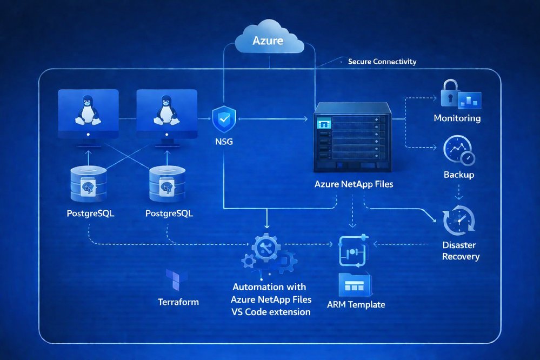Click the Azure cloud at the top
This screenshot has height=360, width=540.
click(x=269, y=39)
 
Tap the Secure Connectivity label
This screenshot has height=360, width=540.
click(x=382, y=62)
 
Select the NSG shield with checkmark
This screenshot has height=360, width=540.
click(x=223, y=120)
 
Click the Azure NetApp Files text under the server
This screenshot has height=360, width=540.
click(x=354, y=184)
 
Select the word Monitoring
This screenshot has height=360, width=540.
click(x=457, y=118)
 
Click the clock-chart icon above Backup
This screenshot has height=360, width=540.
click(x=458, y=150)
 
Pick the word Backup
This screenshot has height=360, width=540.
click(x=458, y=175)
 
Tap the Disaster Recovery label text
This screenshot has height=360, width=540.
click(x=461, y=251)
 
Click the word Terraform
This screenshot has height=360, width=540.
click(x=178, y=302)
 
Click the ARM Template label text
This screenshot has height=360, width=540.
click(x=356, y=304)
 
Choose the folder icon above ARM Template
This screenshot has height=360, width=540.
click(x=355, y=284)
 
